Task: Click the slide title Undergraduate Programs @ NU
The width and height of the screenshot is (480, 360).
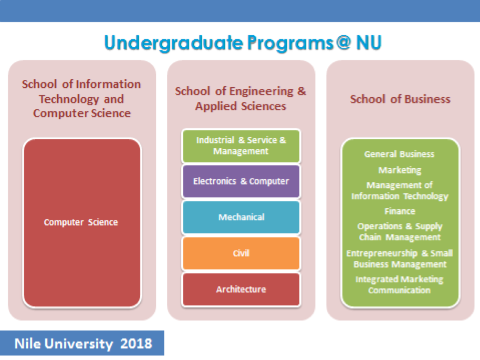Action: click(243, 43)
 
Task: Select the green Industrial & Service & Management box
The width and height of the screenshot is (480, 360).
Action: click(241, 146)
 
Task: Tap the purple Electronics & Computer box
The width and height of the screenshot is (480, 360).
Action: click(241, 181)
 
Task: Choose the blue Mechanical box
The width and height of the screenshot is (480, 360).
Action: click(241, 217)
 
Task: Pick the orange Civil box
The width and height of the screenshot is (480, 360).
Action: click(241, 253)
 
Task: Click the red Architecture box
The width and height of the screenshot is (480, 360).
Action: click(241, 290)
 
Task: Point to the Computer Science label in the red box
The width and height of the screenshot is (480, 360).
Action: click(81, 222)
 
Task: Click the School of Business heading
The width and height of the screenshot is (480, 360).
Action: click(400, 99)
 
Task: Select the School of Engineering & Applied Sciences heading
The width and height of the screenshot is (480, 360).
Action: click(241, 99)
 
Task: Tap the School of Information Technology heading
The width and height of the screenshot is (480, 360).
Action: click(81, 99)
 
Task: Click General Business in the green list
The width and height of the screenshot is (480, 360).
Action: click(399, 154)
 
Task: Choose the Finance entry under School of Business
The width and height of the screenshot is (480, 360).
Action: click(400, 211)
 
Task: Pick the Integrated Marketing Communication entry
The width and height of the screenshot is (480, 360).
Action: click(399, 285)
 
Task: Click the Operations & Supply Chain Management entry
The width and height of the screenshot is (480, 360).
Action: click(400, 232)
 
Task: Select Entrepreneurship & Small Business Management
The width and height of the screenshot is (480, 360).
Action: click(400, 259)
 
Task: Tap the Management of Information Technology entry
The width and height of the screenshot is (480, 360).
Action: click(400, 191)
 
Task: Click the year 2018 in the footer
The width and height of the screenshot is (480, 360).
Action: click(136, 344)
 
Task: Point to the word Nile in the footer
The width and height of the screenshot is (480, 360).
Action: click(27, 344)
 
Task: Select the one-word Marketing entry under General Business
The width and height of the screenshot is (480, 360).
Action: click(400, 170)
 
